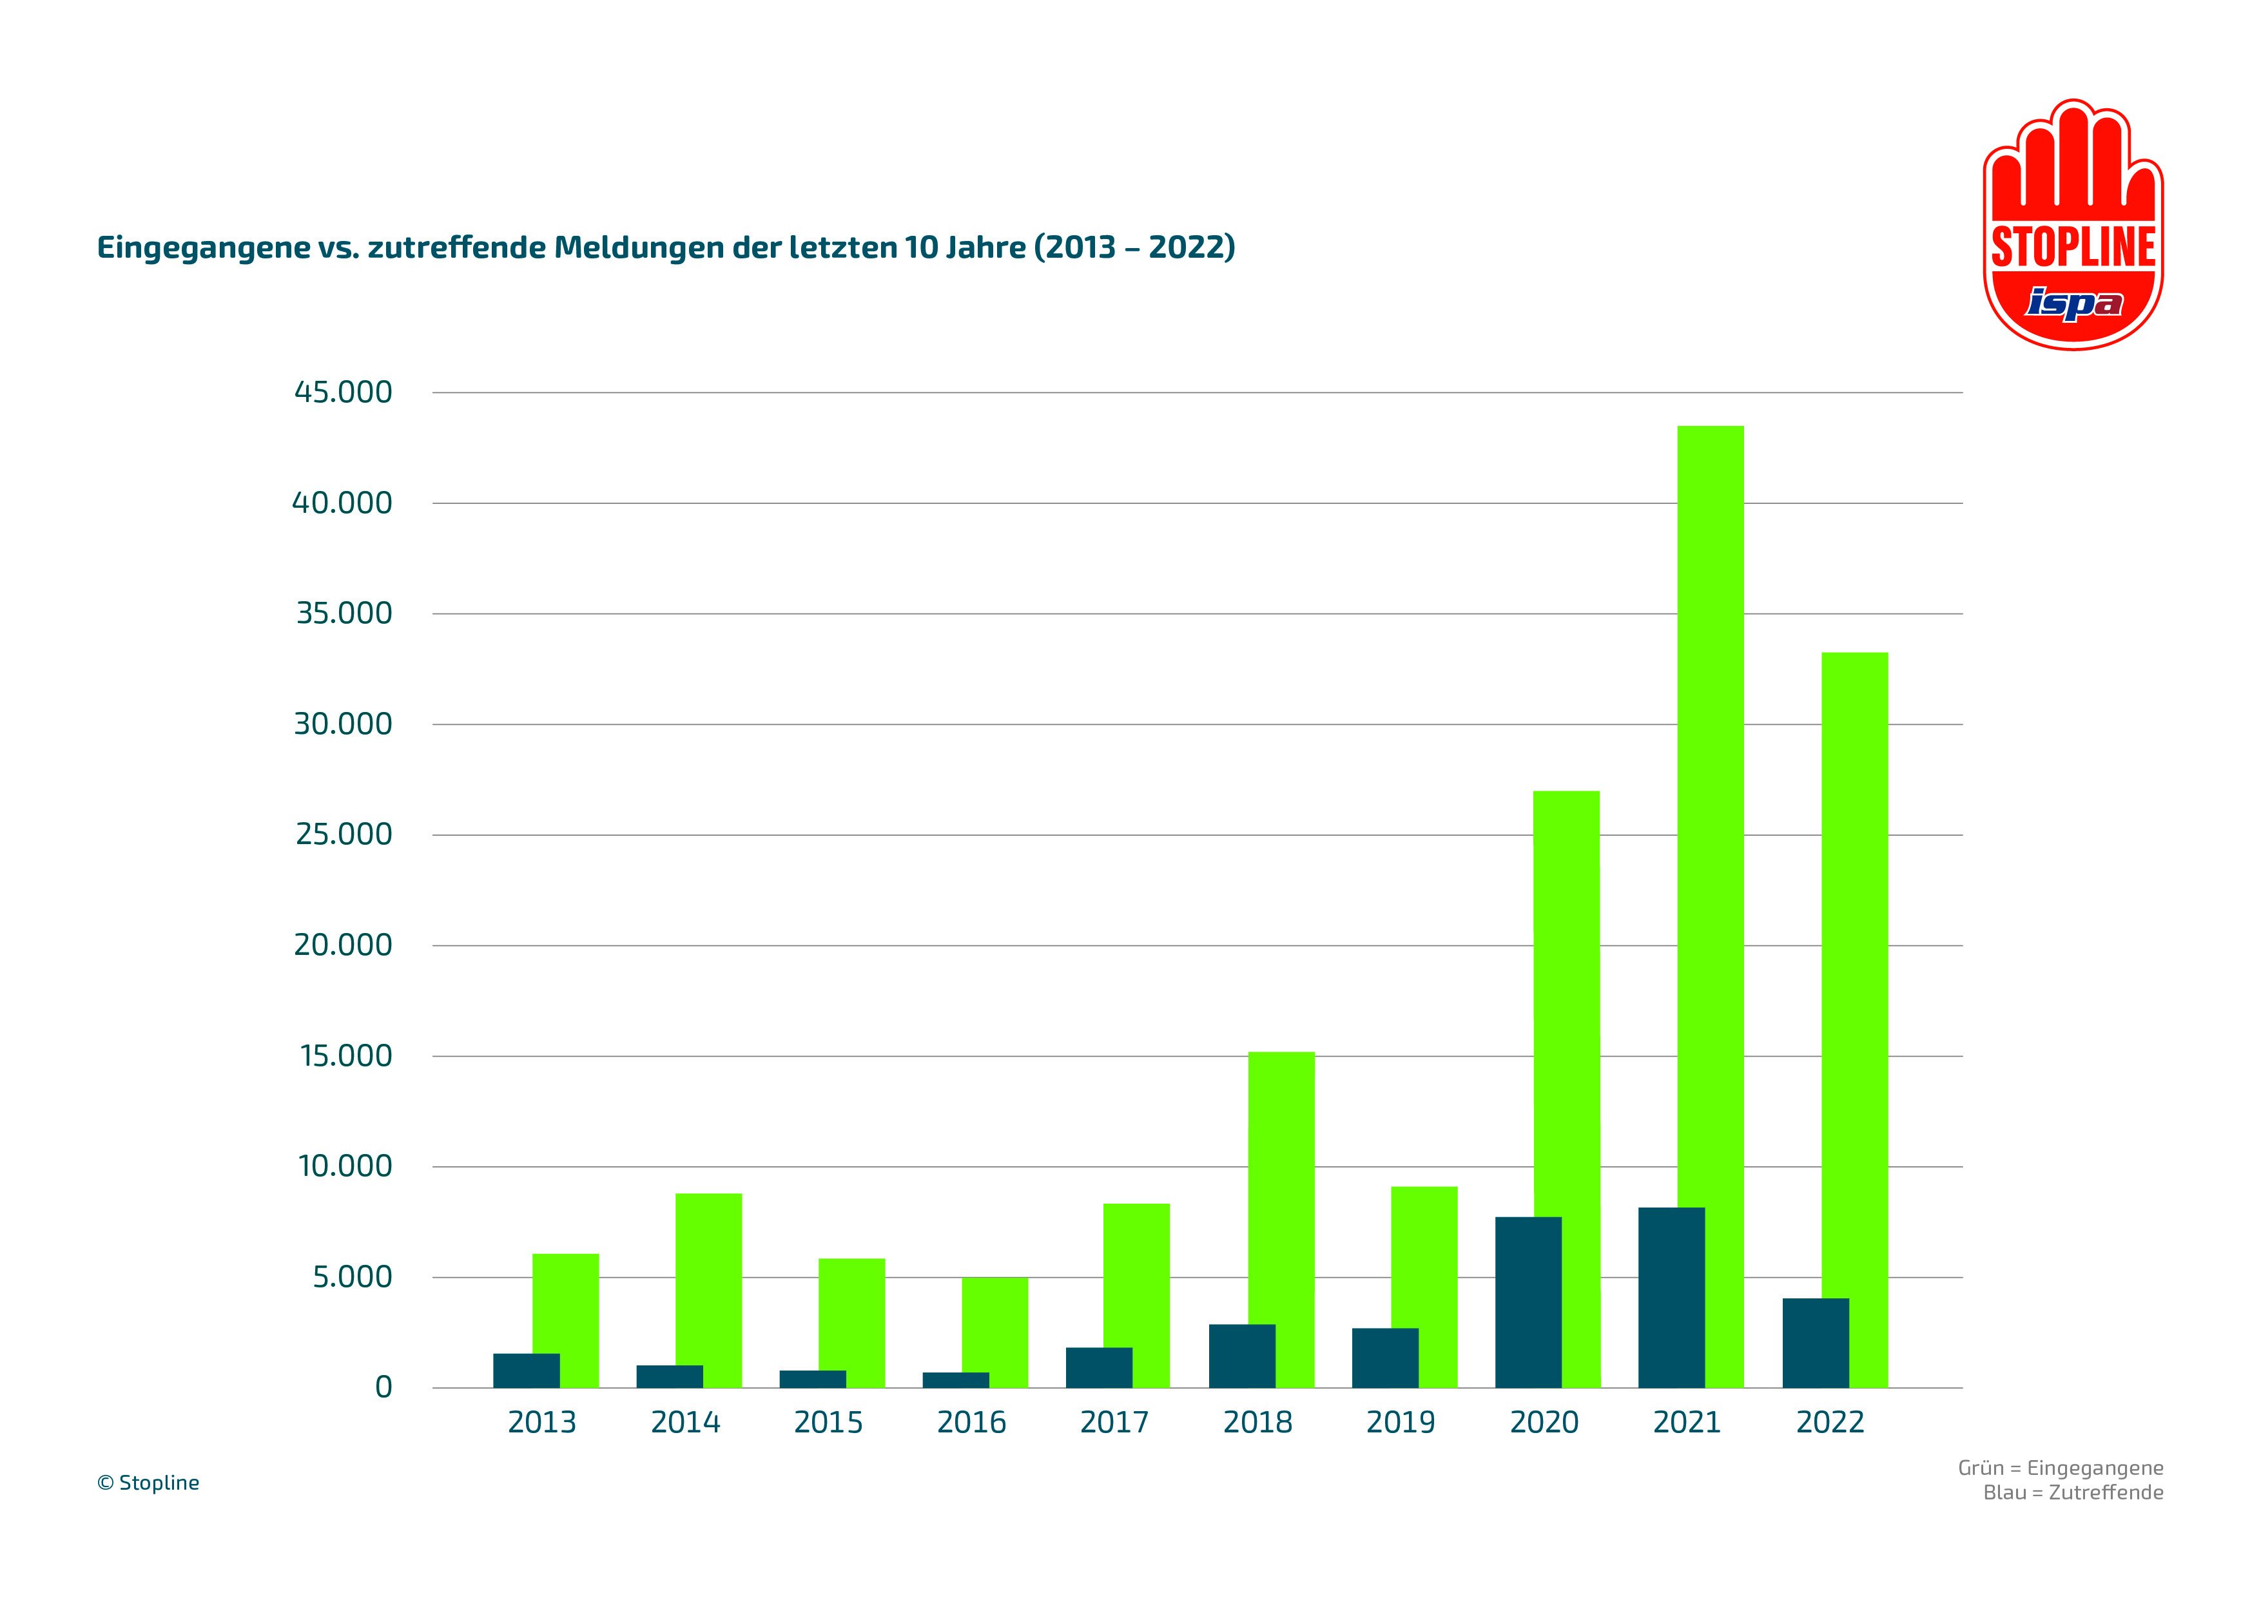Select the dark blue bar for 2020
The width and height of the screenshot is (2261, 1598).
(x=1528, y=1302)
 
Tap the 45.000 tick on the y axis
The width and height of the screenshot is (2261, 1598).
(x=343, y=392)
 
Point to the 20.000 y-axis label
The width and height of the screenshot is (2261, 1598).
(x=343, y=945)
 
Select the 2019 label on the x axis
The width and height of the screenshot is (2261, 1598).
(x=1401, y=1423)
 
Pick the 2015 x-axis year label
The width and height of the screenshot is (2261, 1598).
(x=828, y=1423)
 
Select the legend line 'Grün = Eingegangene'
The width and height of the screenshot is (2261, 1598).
(x=2060, y=1468)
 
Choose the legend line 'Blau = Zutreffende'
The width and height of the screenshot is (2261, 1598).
(x=2073, y=1493)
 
